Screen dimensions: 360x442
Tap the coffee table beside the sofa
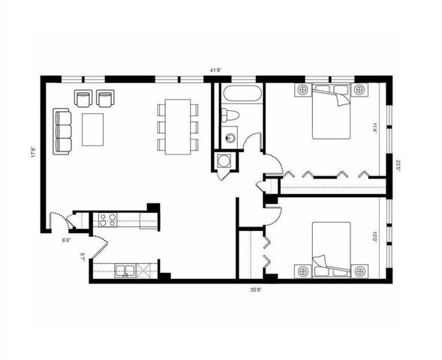tap(93, 129)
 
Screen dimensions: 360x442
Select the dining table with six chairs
tap(178, 127)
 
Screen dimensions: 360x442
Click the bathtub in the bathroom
tap(239, 95)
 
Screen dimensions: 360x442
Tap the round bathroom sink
tap(230, 136)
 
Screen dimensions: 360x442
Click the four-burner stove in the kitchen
tap(107, 220)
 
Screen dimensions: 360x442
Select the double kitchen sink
tap(125, 270)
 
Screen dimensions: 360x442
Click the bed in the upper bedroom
tap(332, 113)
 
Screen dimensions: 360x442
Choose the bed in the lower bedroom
tap(332, 247)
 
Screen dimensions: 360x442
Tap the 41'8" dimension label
tap(215, 70)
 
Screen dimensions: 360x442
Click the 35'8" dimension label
tap(257, 288)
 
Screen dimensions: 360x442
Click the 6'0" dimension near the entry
tap(66, 241)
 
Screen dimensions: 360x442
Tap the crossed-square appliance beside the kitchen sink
tap(148, 270)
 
